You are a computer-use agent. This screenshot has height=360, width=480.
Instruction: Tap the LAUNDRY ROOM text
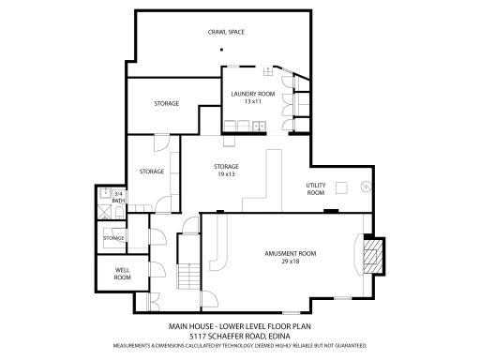(251, 94)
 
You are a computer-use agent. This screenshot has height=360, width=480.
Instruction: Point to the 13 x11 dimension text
(251, 101)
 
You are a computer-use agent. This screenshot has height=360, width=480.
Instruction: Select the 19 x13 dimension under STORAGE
(225, 174)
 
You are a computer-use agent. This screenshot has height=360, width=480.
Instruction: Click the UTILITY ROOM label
(316, 188)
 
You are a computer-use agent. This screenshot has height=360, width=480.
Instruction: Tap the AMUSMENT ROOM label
(290, 253)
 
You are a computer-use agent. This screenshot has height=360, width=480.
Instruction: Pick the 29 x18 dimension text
(290, 262)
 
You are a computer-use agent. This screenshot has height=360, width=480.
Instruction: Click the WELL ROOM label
(122, 274)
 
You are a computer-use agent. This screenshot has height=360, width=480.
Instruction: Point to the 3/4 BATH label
(118, 197)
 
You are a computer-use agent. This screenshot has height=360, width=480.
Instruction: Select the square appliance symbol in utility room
(342, 187)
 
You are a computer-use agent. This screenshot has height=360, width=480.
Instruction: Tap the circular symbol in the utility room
(366, 186)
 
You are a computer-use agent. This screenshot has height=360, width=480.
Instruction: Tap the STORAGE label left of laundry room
(167, 103)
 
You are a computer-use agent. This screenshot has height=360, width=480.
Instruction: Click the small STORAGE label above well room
(114, 238)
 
